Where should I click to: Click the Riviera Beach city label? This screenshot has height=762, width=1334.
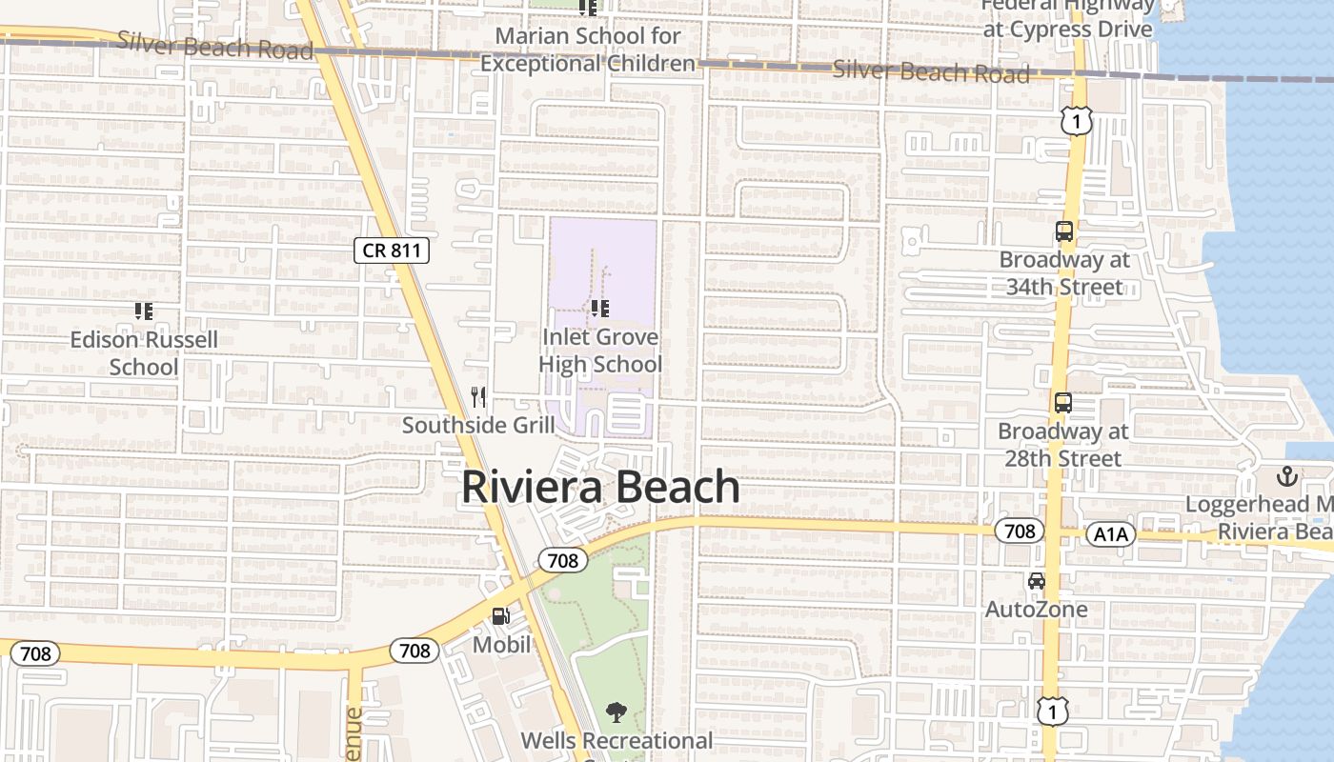point(600,487)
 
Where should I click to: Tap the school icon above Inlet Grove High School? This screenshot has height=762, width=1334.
point(599,308)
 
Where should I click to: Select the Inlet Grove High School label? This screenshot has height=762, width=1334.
point(600,351)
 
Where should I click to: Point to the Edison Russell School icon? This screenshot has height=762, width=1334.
point(144,311)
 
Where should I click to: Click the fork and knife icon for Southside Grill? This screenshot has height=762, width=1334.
point(479,396)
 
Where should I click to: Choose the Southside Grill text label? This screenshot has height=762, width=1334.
point(478,425)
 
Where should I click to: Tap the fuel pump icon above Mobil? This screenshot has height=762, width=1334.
point(501,616)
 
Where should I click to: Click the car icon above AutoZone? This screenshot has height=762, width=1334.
point(1036,581)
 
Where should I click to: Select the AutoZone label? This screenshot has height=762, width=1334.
point(1036,609)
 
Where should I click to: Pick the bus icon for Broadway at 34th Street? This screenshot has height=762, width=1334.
point(1064,231)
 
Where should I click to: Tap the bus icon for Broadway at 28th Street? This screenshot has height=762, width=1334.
point(1063,403)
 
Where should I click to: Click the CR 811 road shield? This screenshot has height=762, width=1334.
point(392,251)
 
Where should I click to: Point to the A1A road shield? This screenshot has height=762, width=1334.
point(1111,534)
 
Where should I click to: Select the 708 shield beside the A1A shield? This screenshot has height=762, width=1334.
point(1020,531)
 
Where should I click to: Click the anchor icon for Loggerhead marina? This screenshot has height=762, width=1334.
point(1287,475)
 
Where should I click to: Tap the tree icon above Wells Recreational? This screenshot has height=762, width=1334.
point(616,712)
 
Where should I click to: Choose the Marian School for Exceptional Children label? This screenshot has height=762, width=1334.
point(588,50)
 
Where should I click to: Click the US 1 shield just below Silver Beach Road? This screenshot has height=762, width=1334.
point(1076,121)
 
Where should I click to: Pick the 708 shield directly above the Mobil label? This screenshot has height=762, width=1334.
point(563,560)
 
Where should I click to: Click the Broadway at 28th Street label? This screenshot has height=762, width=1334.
point(1063,445)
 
